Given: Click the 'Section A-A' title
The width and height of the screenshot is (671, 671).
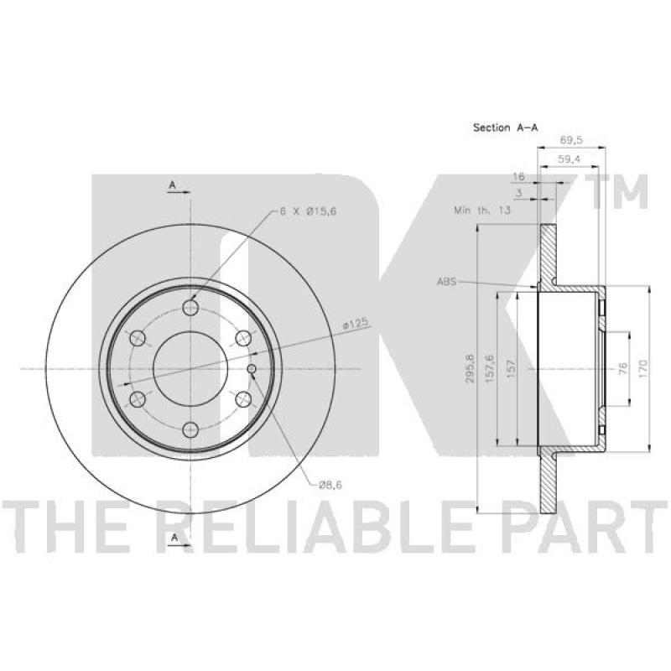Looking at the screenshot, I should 505,127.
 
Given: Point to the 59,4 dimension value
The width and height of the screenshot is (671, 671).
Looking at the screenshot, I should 570,159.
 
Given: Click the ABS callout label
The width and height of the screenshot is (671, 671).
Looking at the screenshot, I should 446,283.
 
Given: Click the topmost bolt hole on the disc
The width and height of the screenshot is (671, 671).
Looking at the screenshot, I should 192,307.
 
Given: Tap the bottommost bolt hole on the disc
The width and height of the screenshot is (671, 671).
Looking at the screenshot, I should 192,429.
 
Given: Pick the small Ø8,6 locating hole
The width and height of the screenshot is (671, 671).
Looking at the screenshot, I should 253,369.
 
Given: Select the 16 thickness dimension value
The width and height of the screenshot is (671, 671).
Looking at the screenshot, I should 519,178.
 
